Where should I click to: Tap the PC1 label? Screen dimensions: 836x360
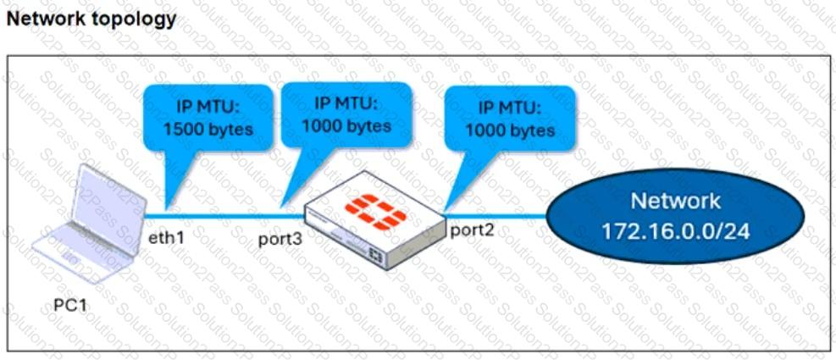coord(69,306)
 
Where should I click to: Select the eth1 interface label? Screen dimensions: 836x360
coord(166,237)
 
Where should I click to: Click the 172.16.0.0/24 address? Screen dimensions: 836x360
coord(676,231)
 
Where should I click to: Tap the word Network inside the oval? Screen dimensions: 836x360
coord(676,201)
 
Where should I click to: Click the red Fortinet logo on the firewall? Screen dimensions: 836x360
coord(374,213)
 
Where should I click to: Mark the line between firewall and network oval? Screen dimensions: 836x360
coord(496,217)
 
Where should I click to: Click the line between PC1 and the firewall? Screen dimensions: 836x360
coord(224,217)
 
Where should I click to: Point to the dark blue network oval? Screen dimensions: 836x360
coord(675,214)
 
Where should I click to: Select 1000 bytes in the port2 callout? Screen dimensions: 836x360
coord(510,130)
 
